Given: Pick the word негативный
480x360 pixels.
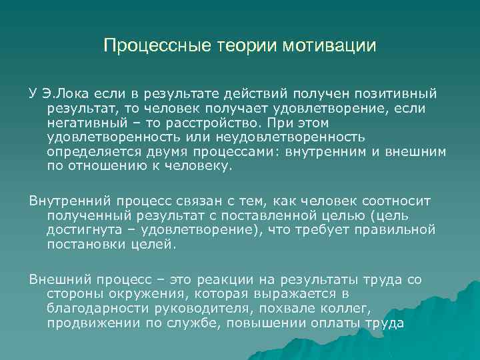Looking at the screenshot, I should [x=87, y=123].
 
